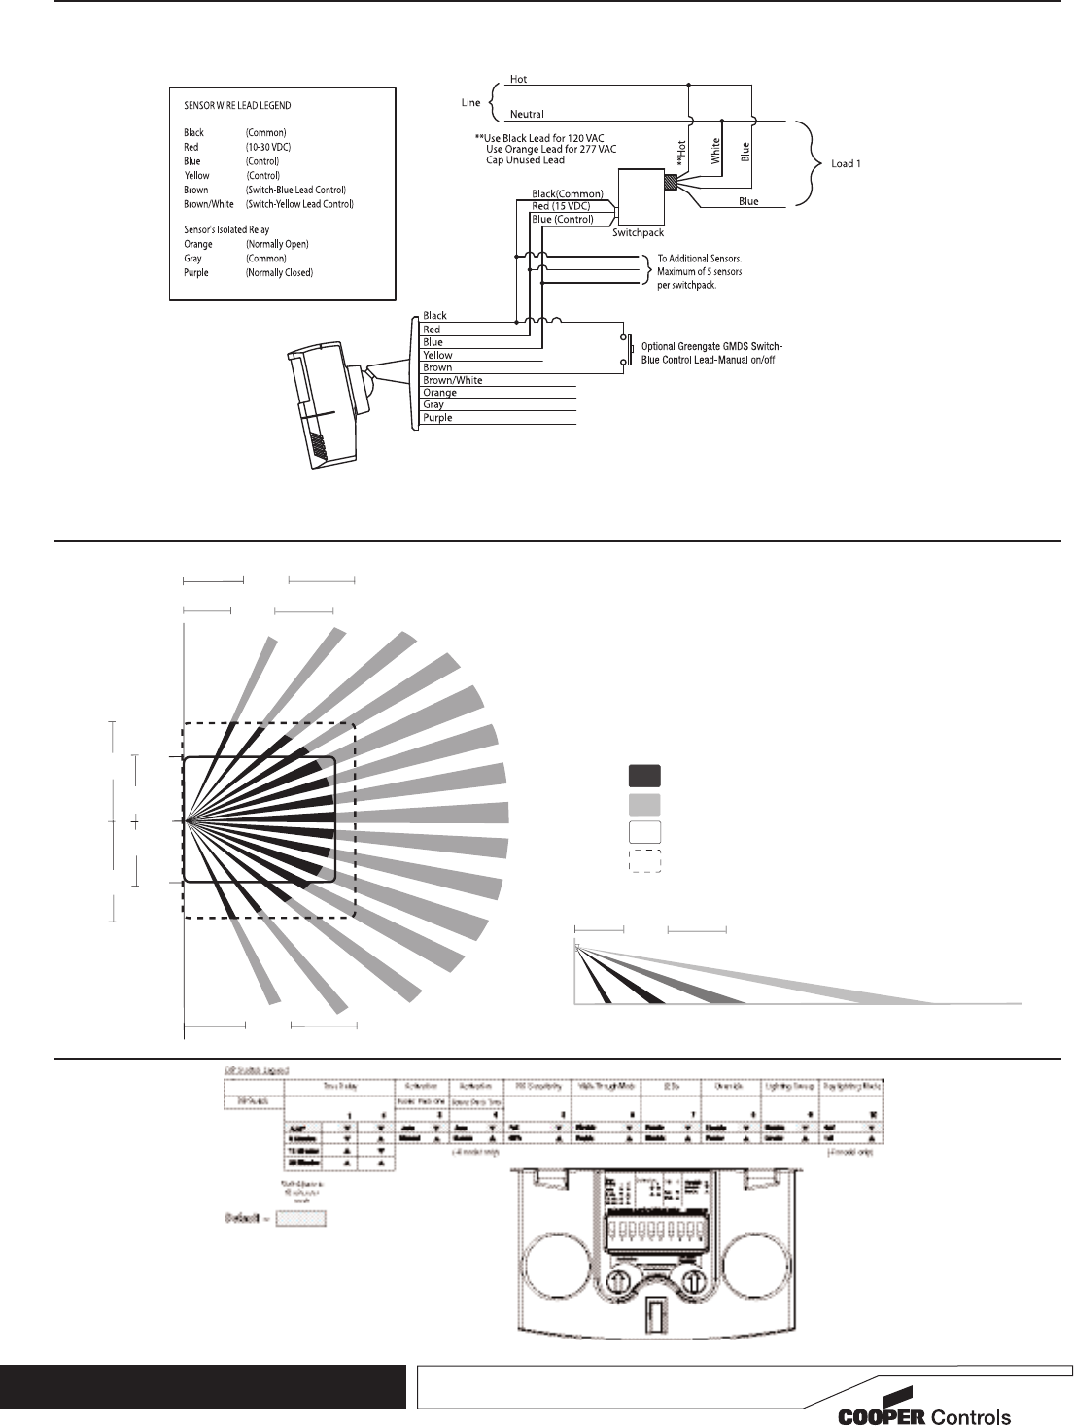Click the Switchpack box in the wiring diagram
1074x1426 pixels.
coord(638,199)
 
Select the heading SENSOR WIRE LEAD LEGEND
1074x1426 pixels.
coord(237,105)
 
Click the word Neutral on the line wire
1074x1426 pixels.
coord(527,115)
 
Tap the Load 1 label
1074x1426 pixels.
coord(846,163)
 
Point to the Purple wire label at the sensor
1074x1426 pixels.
coord(437,418)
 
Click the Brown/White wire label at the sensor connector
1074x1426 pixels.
coord(453,380)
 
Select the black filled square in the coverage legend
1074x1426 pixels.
coord(644,776)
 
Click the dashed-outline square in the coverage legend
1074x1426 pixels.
coord(644,861)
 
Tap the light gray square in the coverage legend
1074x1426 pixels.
coord(644,804)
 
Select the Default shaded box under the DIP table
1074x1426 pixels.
coord(300,1219)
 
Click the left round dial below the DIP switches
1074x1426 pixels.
coord(618,1279)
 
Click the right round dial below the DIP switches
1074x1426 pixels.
coord(692,1279)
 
